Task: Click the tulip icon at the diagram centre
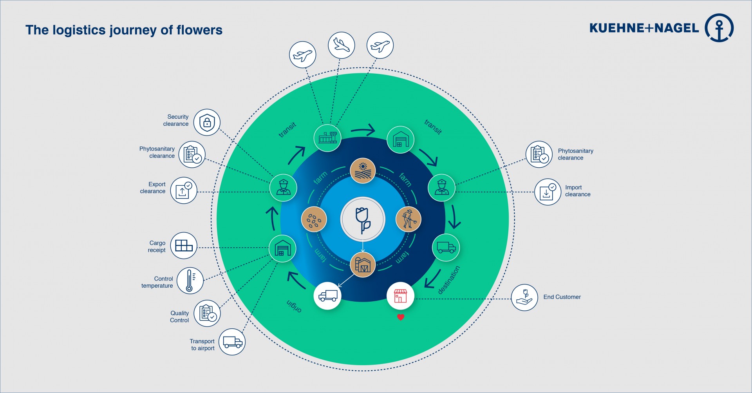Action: tap(363, 219)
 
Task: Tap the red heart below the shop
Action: tap(400, 317)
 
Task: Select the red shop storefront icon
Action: tap(400, 296)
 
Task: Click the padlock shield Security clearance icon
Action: tap(207, 122)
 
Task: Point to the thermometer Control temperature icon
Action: tap(190, 281)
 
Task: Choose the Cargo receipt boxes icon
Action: tap(184, 246)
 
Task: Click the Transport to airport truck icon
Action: tap(232, 342)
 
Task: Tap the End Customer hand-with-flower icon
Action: tap(524, 297)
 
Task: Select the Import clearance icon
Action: tap(548, 192)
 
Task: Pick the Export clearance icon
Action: tap(183, 190)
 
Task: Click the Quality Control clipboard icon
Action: tap(207, 313)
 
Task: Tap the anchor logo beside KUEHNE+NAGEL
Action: tap(719, 28)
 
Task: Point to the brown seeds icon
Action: tap(314, 219)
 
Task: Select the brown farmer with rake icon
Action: tap(409, 219)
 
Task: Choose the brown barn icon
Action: tap(363, 264)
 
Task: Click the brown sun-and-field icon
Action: tap(363, 171)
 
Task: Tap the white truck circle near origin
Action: tap(327, 295)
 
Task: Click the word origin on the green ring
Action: tap(294, 306)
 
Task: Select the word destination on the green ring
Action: tap(449, 280)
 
